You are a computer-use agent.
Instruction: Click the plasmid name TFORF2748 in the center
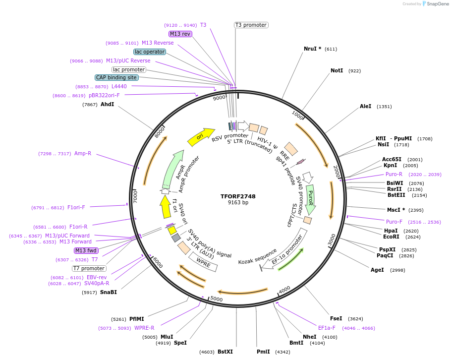238,196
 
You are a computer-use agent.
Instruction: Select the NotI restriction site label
337,71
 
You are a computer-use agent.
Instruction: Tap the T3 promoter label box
251,25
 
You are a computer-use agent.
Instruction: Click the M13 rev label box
180,34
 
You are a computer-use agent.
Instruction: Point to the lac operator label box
150,52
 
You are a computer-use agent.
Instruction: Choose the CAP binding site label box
116,77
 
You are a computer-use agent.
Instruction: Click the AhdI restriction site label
107,105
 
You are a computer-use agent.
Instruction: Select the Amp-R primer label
83,154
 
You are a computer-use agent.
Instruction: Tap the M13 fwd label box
86,250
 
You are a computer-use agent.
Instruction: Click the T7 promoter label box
89,268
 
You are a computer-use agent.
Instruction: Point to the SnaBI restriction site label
109,292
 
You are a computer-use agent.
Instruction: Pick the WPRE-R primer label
144,328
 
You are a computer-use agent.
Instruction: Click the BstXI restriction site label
225,352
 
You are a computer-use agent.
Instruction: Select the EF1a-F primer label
327,328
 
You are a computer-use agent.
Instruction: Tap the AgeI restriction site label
377,270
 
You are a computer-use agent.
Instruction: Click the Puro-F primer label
394,222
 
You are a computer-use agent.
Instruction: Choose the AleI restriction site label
365,106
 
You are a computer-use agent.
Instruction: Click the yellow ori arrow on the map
200,136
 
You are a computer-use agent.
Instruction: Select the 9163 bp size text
238,203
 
